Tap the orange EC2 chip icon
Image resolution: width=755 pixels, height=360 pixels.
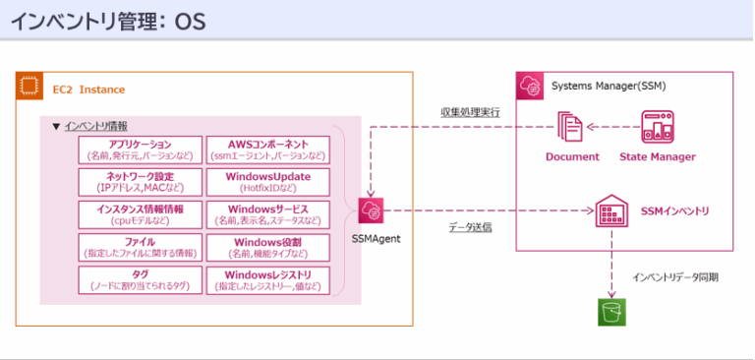pos(29,88)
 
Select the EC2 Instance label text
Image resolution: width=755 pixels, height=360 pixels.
pos(88,90)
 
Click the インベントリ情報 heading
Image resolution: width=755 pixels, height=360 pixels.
pos(95,126)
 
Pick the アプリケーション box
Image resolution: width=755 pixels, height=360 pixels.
pos(139,150)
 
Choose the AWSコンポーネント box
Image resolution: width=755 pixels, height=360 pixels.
pos(268,150)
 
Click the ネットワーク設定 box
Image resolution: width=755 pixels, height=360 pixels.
pos(139,182)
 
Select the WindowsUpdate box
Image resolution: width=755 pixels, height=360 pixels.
pos(268,182)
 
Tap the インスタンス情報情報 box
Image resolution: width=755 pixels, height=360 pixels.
pos(139,214)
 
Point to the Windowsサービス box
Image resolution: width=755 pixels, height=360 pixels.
pos(268,214)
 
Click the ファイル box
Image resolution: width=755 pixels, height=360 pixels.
pos(139,247)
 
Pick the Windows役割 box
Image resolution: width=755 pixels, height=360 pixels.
pos(268,247)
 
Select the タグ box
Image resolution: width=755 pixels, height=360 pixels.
pos(139,279)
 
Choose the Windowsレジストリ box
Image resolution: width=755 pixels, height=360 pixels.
pos(268,279)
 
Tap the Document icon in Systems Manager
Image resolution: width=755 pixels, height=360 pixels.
pos(570,127)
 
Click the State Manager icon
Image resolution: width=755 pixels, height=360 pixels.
pos(657,127)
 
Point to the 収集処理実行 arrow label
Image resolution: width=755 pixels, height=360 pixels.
pos(469,112)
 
